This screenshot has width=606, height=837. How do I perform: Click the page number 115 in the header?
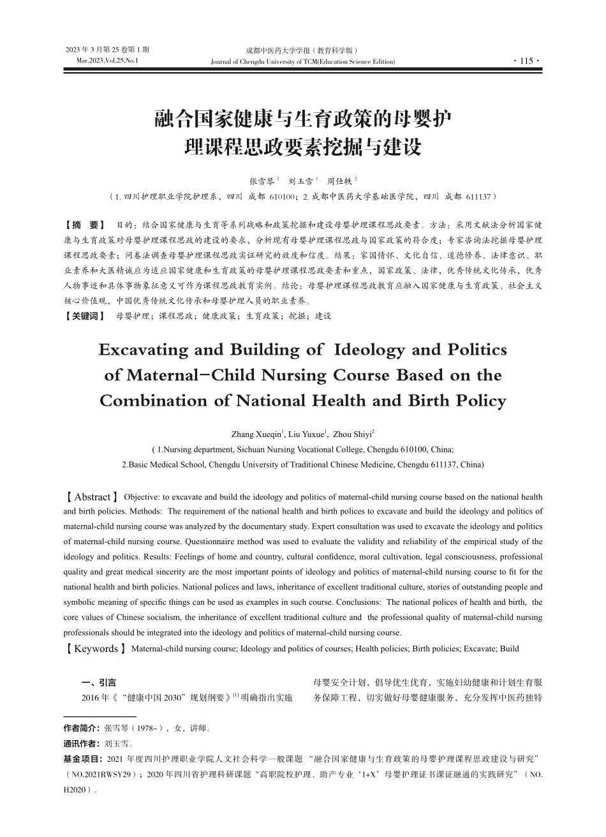click(526, 61)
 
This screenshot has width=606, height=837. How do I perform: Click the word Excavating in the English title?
click(144, 350)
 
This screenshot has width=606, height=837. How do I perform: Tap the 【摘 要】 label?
click(86, 225)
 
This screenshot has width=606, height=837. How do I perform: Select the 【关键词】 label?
click(85, 316)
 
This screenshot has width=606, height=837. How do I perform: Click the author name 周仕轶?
click(339, 181)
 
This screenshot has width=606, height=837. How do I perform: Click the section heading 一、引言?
click(99, 683)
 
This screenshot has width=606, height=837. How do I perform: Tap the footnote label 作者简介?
click(81, 728)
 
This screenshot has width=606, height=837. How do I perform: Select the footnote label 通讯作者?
click(81, 743)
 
